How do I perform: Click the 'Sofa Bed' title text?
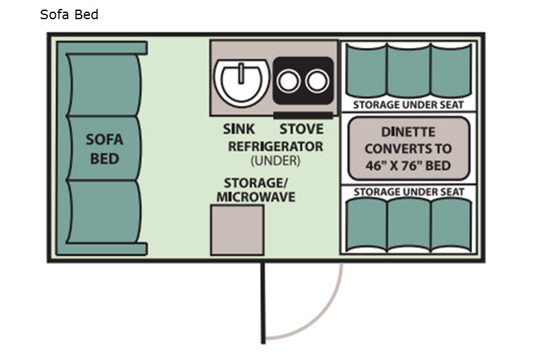click(69, 14)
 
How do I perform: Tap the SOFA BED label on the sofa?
click(104, 149)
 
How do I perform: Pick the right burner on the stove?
click(316, 81)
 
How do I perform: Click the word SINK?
click(239, 129)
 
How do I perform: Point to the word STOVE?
click(301, 129)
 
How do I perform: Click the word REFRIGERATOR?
click(275, 146)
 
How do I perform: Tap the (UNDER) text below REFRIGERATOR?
click(275, 160)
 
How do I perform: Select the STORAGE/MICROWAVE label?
click(256, 190)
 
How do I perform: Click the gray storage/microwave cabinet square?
click(237, 230)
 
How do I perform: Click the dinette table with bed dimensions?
click(408, 148)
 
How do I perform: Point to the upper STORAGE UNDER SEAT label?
click(408, 105)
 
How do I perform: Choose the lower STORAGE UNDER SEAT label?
click(408, 192)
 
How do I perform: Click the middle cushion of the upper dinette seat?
click(408, 72)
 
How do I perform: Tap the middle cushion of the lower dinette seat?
click(408, 225)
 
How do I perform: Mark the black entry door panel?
click(261, 302)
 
